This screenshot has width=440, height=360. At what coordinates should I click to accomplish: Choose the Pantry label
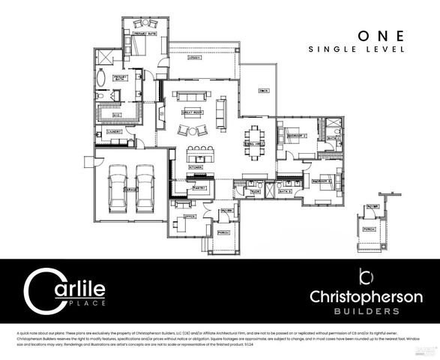pos(200,187)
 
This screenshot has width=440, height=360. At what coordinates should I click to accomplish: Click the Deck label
pos(263,91)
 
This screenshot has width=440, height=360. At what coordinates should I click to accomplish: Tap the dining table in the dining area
pos(258,147)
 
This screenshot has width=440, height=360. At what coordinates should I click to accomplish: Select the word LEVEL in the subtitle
pos(388,49)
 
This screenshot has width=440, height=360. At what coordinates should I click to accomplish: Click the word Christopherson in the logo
pos(366,297)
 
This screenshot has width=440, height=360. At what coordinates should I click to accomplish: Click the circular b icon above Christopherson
pos(366,275)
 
